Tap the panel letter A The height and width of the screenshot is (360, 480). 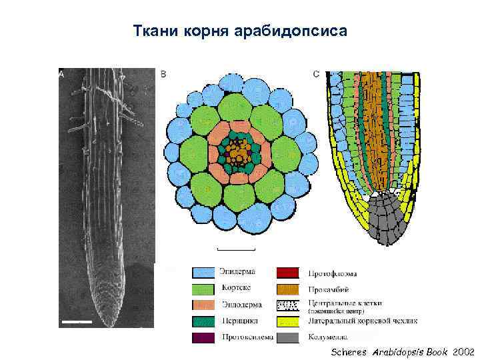(x=61, y=75)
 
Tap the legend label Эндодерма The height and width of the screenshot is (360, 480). (x=241, y=305)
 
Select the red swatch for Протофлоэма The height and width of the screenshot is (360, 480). (x=291, y=273)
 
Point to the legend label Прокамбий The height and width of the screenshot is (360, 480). (x=327, y=289)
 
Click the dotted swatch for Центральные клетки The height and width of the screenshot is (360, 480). (x=291, y=305)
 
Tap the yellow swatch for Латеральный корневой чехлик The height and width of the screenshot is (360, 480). (x=291, y=321)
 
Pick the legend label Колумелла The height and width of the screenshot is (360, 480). (x=326, y=337)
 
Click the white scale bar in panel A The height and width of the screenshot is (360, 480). (x=75, y=322)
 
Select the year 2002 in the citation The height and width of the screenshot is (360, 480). (x=463, y=351)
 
